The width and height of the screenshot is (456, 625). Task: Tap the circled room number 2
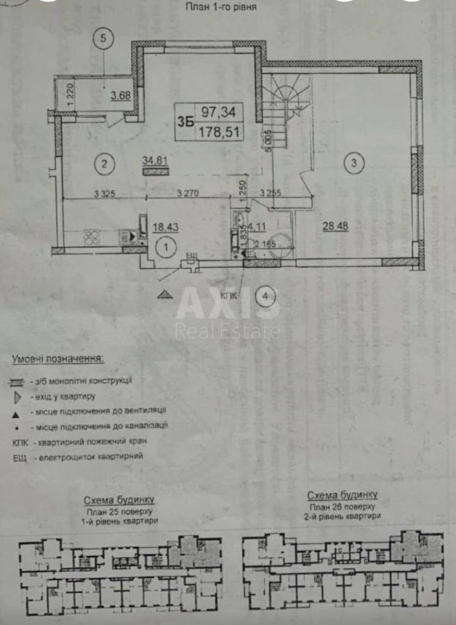(104, 164)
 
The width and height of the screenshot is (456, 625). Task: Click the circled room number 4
(266, 297)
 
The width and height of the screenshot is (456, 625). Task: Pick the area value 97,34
(218, 111)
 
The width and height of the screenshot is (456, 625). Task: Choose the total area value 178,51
(218, 132)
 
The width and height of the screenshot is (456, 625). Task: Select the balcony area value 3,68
(120, 95)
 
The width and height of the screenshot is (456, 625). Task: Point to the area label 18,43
(165, 227)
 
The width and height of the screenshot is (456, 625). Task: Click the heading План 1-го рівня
(220, 7)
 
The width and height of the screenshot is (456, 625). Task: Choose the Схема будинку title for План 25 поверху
(119, 500)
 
